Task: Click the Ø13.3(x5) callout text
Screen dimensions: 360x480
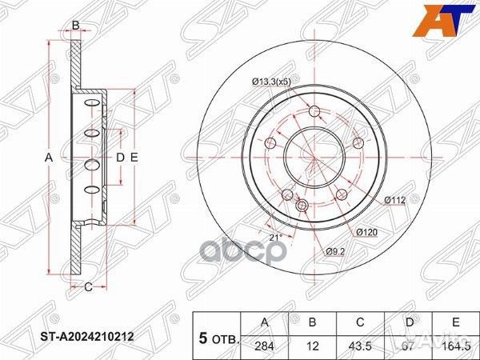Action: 274,81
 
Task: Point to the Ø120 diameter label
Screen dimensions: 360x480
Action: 367,232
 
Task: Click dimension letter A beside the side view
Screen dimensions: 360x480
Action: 48,158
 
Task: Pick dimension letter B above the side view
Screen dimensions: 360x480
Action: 75,26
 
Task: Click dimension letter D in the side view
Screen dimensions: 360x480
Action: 120,158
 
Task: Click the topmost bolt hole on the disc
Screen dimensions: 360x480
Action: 314,111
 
